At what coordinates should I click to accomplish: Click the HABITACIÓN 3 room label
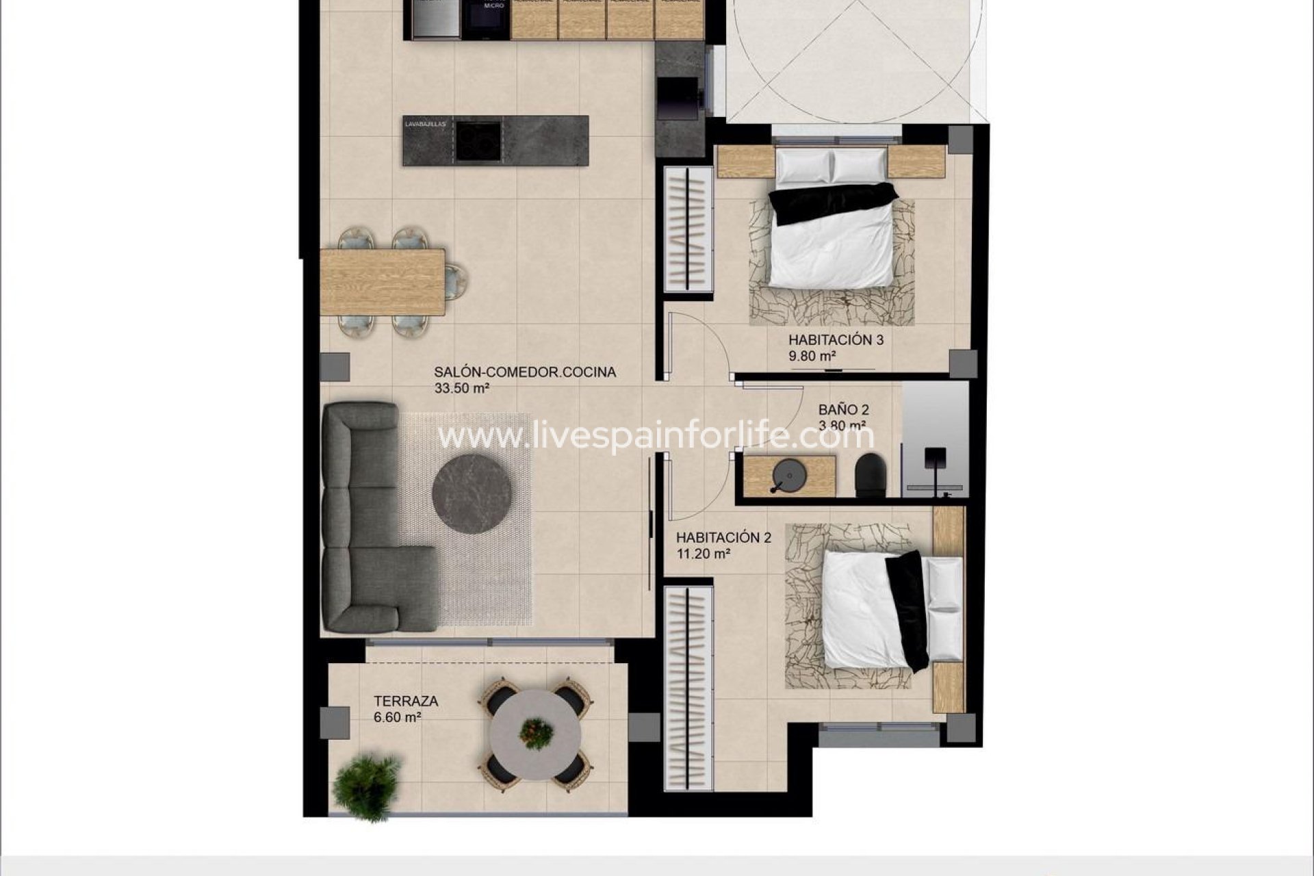pos(836,339)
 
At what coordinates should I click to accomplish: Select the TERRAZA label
pos(406,701)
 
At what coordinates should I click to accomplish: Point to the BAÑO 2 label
pos(843,410)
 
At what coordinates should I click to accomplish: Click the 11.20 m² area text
pos(704,554)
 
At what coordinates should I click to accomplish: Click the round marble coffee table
pos(472,494)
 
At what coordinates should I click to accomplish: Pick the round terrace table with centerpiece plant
pos(536,734)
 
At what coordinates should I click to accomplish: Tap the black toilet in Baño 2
pos(871,474)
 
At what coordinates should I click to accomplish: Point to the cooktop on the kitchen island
pos(478,140)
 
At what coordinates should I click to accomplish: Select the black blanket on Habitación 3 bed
pos(832,202)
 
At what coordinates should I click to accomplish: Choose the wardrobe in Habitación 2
pos(688,684)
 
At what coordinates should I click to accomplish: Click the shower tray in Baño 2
pos(935,438)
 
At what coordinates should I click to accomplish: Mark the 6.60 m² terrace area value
pos(397,717)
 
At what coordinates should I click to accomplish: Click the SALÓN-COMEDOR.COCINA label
pos(524,372)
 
